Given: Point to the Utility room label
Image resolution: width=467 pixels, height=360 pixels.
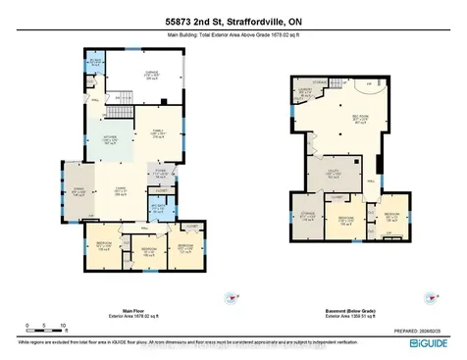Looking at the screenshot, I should (x=335, y=176).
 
